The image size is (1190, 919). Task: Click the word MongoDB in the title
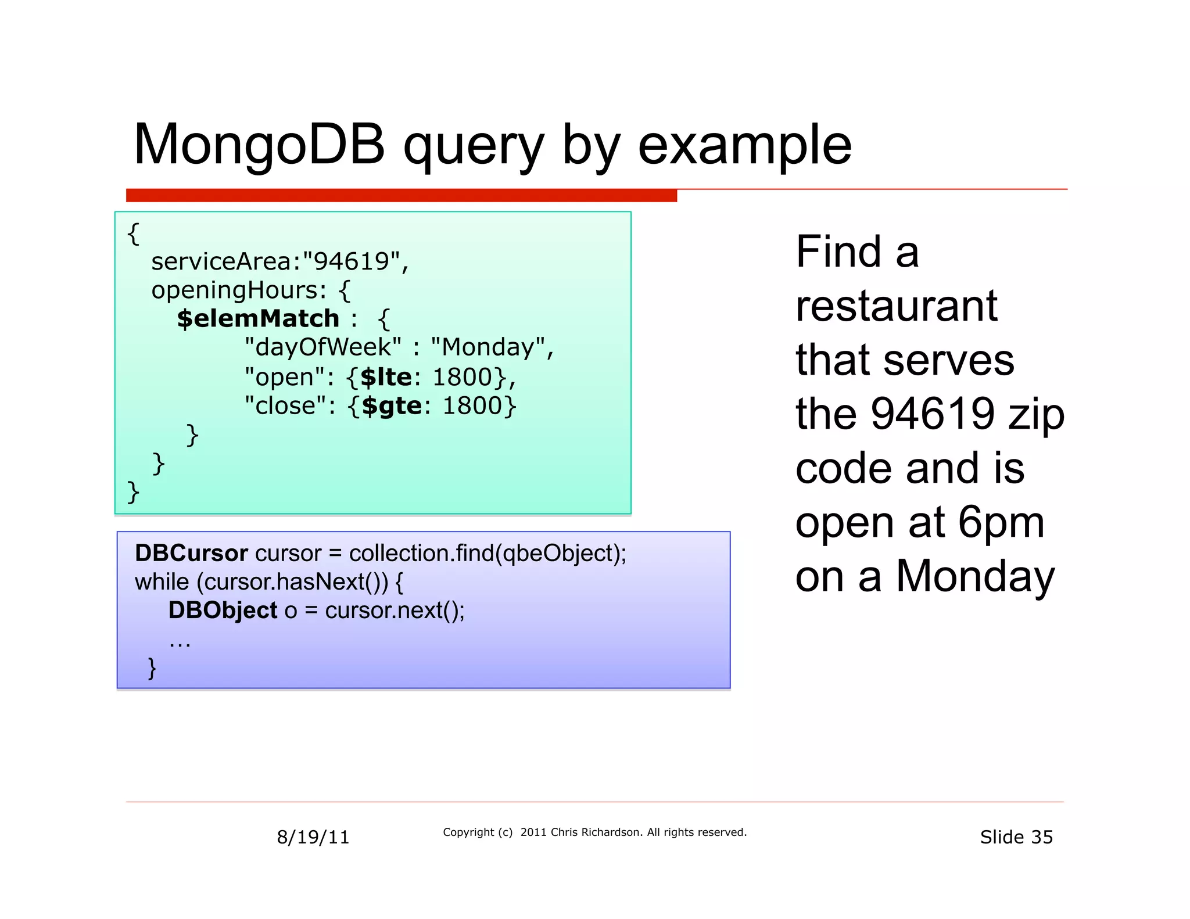pyautogui.click(x=259, y=145)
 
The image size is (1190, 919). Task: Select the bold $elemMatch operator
pyautogui.click(x=258, y=318)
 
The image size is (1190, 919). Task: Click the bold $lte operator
pyautogui.click(x=386, y=377)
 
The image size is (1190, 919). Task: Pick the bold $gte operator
pyautogui.click(x=392, y=405)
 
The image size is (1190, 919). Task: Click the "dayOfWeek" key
pyautogui.click(x=322, y=347)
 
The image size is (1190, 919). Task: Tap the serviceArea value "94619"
pyautogui.click(x=351, y=261)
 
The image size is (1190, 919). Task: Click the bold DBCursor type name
pyautogui.click(x=191, y=553)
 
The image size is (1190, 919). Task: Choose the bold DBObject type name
pyautogui.click(x=223, y=611)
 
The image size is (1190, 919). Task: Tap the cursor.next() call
pyautogui.click(x=393, y=611)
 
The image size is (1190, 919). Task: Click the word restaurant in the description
pyautogui.click(x=896, y=306)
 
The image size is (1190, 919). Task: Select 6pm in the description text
pyautogui.click(x=1001, y=522)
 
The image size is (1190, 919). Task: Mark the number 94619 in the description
pyautogui.click(x=933, y=414)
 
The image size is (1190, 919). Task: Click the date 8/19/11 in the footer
pyautogui.click(x=313, y=837)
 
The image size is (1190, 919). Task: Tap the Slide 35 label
pyautogui.click(x=1016, y=837)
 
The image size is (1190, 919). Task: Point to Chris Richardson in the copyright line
pyautogui.click(x=596, y=832)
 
